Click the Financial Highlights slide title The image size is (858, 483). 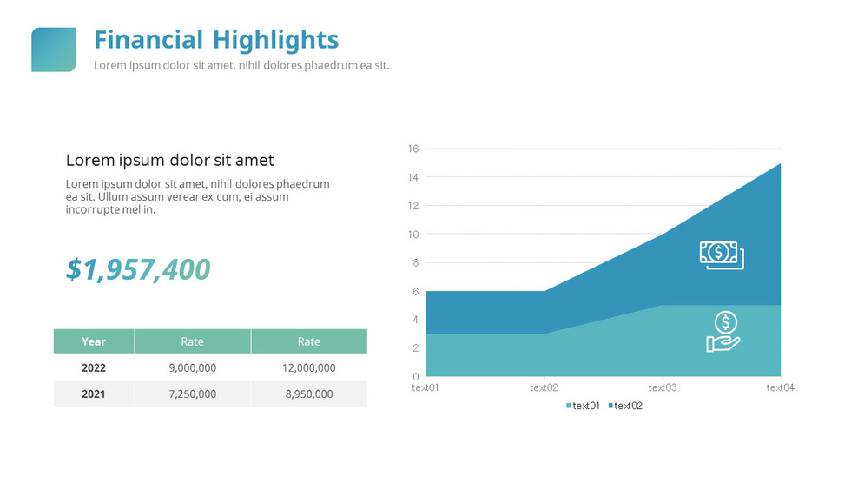(x=216, y=40)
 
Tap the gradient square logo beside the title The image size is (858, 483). (x=53, y=50)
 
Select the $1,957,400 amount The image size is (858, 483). (x=138, y=270)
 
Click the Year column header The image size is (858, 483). (x=94, y=341)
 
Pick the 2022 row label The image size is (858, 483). (x=94, y=367)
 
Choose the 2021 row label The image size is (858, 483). (x=94, y=394)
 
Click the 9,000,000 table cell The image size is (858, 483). (x=192, y=367)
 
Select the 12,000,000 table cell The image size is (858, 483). (x=308, y=367)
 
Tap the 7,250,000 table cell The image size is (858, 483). (x=192, y=394)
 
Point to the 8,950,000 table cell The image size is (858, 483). (x=308, y=394)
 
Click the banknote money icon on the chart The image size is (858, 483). (x=722, y=255)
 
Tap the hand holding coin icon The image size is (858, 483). (x=723, y=332)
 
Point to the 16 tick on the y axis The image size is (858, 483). (x=413, y=149)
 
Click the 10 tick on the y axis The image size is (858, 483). (x=413, y=235)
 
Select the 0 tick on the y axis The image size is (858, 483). (x=416, y=376)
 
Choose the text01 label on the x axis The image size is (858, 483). (x=426, y=388)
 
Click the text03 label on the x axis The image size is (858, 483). (x=662, y=388)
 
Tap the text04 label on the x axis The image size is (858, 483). (x=779, y=388)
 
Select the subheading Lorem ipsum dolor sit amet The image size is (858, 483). (x=169, y=160)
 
